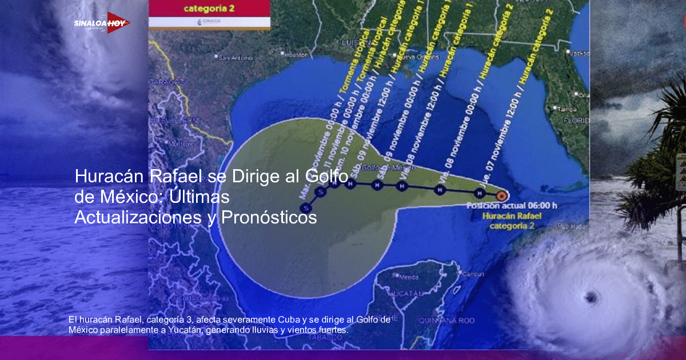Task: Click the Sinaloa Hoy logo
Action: [102, 23]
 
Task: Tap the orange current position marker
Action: [501, 195]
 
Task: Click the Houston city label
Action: [296, 55]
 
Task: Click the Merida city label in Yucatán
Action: [409, 277]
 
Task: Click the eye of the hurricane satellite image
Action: [590, 297]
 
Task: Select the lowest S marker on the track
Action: [308, 207]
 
